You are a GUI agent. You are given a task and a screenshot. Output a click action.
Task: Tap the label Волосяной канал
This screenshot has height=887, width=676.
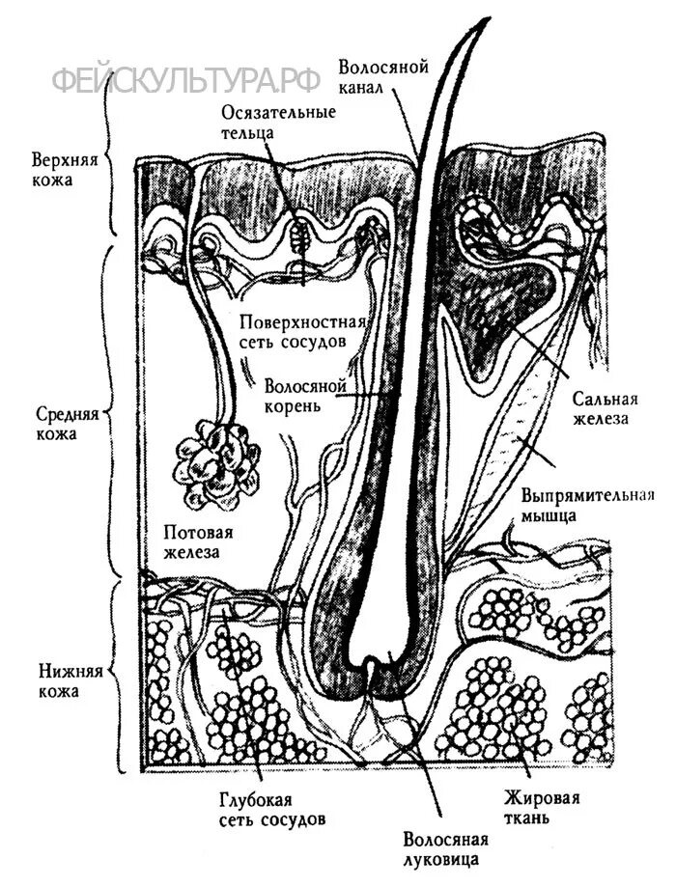click(377, 77)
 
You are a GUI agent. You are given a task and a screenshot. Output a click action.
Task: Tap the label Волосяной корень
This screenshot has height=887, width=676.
click(305, 396)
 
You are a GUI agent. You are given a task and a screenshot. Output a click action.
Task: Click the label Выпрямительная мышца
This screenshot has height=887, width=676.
click(588, 506)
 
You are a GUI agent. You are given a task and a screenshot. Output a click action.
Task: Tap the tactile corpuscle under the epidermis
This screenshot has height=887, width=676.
click(298, 233)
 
